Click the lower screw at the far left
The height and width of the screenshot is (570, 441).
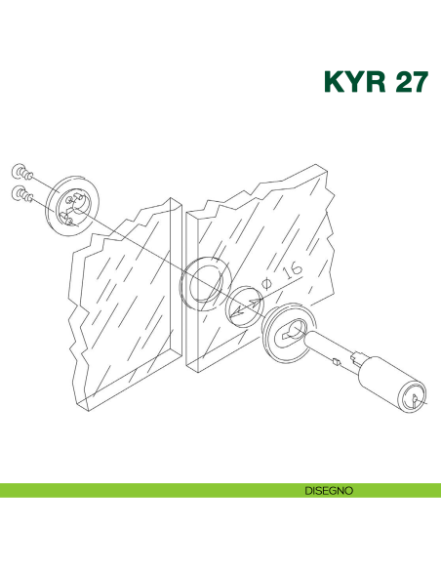tap(21, 192)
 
